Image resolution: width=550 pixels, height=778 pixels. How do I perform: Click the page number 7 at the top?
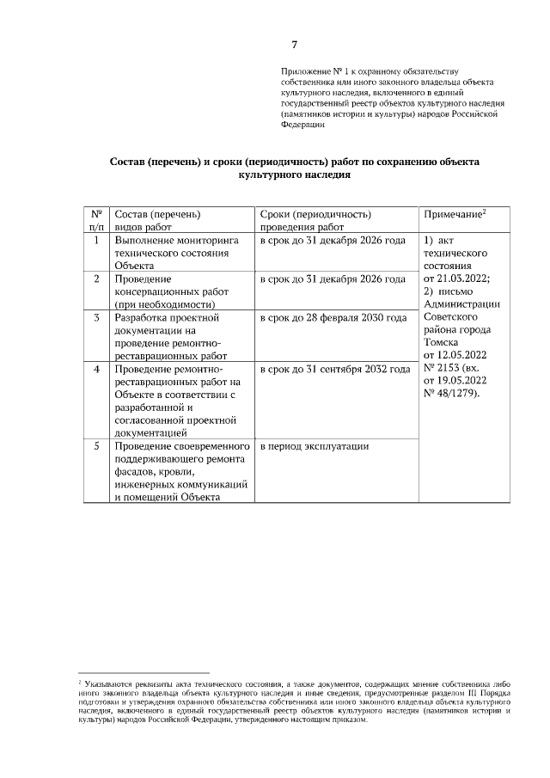(x=294, y=45)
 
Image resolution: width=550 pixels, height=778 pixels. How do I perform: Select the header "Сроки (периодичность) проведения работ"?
(x=315, y=220)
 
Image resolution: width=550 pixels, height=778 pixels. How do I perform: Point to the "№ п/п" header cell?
(x=96, y=220)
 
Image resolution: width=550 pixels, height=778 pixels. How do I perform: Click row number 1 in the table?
(x=96, y=241)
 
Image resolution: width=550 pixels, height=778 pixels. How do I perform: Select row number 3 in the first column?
(x=96, y=318)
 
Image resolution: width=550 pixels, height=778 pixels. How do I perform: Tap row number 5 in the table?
(x=96, y=446)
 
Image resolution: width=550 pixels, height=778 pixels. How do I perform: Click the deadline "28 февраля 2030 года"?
(x=360, y=318)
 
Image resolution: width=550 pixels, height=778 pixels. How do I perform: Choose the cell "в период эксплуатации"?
(x=315, y=446)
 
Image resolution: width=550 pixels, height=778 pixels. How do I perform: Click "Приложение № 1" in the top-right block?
(x=315, y=70)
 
